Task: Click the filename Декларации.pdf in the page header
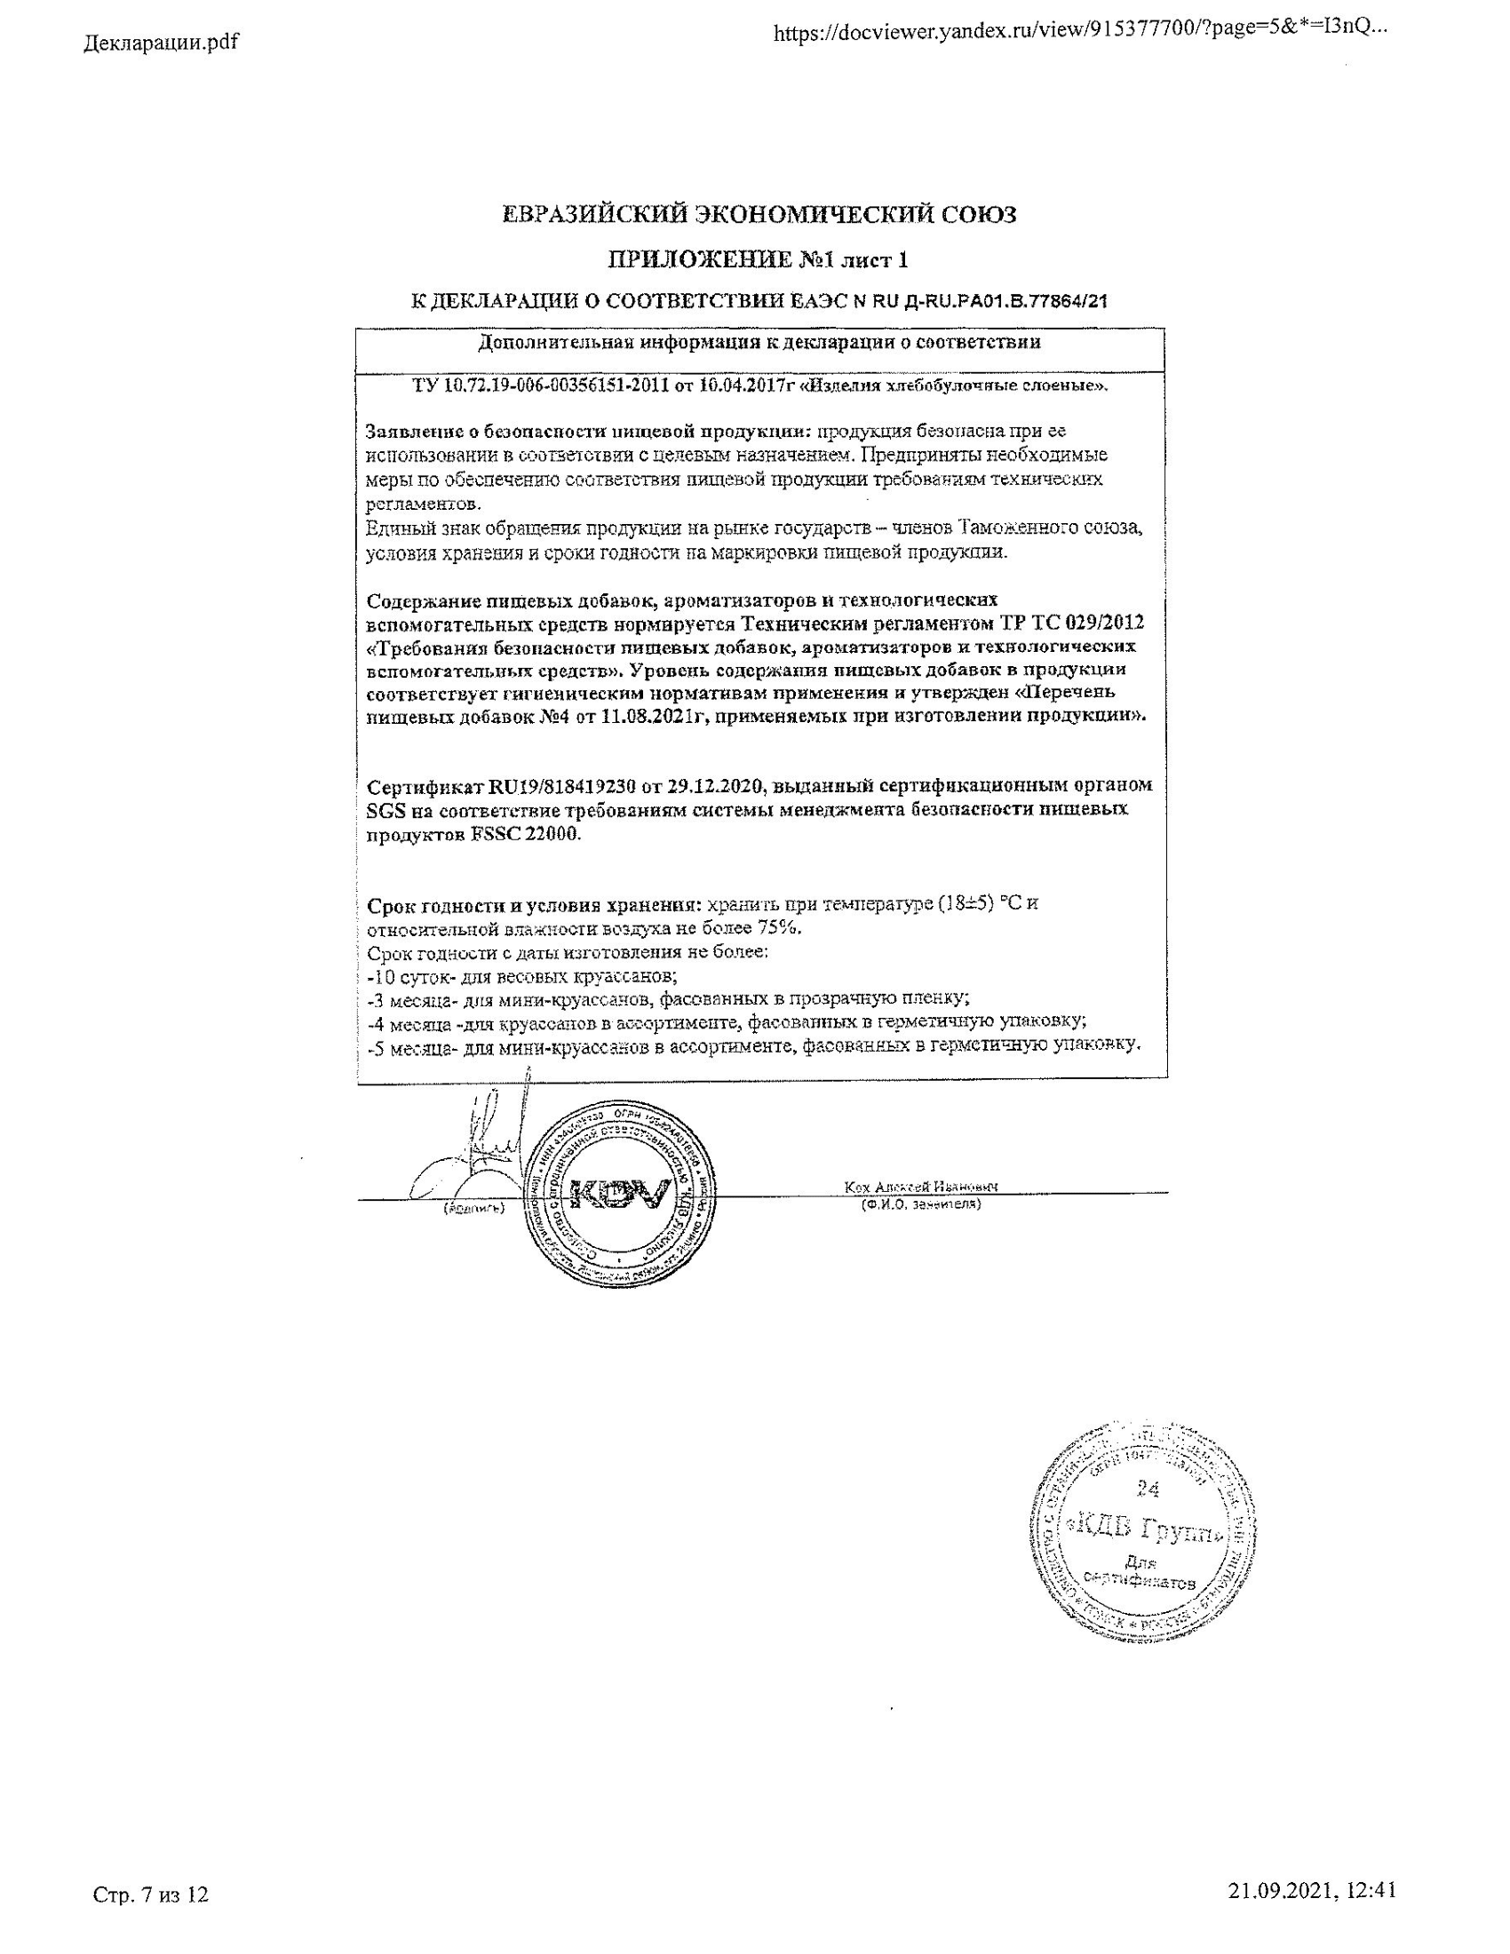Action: pos(161,42)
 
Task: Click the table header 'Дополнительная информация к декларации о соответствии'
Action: pos(759,343)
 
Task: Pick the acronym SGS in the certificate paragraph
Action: pos(386,810)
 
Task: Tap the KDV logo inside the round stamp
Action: pos(619,1193)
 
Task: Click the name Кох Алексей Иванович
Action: pos(921,1187)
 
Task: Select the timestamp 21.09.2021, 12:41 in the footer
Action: pos(1312,1884)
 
